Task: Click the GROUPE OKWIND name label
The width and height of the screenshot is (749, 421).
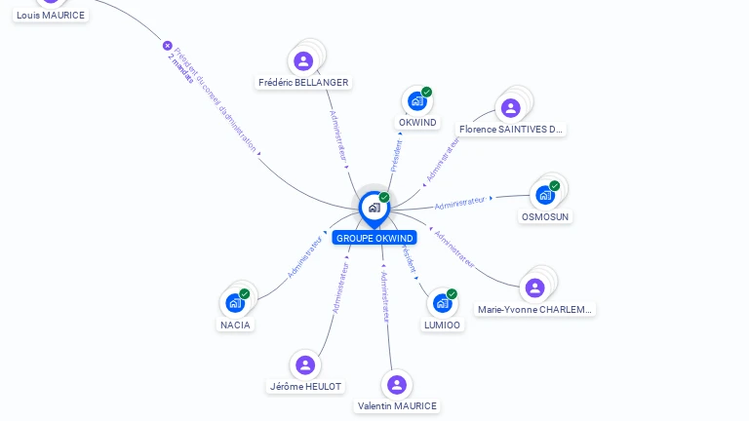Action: (x=374, y=238)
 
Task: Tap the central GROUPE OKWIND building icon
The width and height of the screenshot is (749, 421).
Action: (x=374, y=208)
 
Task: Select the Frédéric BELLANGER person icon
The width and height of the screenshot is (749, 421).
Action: (x=303, y=61)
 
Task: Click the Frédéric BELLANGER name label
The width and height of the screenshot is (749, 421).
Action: (x=303, y=83)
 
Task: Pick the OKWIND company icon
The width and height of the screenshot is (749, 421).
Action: (x=417, y=101)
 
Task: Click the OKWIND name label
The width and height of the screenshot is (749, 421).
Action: (x=417, y=123)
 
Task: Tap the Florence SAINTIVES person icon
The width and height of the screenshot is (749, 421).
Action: (x=510, y=108)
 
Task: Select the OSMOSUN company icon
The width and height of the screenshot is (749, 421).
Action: (x=545, y=195)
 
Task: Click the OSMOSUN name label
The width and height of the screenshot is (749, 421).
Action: (x=545, y=216)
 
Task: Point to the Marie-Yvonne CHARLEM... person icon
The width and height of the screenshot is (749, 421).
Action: (x=534, y=287)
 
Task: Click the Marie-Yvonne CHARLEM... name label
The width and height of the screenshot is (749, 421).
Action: (x=534, y=309)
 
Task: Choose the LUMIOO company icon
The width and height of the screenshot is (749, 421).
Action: (x=442, y=303)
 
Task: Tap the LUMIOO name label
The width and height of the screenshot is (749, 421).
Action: (x=442, y=325)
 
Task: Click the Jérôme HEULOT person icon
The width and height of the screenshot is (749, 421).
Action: (x=305, y=364)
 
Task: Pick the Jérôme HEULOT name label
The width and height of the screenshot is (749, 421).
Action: (x=305, y=386)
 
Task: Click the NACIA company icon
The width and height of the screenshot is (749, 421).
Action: (x=235, y=303)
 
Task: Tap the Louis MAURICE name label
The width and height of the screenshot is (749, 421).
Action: (x=51, y=16)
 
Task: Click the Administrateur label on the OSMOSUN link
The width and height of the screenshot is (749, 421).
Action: (x=459, y=203)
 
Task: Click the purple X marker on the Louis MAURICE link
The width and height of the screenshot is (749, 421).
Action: (x=167, y=46)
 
